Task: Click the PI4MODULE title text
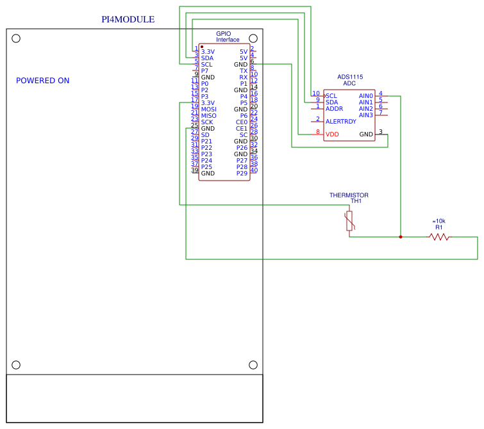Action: (128, 19)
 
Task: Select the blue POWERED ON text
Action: (42, 81)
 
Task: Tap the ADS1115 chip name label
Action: (350, 77)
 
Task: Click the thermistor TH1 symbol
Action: (349, 221)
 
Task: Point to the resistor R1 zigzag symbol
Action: (439, 237)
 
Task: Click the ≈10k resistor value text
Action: (439, 221)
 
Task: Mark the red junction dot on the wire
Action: (401, 237)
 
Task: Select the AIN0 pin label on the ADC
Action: (365, 96)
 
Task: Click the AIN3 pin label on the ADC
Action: (365, 115)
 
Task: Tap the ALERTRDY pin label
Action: (340, 122)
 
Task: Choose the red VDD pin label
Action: (332, 134)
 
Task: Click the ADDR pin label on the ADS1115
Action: (334, 109)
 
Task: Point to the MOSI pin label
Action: (208, 109)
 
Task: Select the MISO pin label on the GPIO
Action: (208, 116)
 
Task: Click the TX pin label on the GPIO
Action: (243, 71)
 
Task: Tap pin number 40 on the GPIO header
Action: (254, 170)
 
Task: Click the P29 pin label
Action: (242, 174)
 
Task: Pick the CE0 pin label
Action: (241, 122)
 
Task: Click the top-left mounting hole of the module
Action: (16, 38)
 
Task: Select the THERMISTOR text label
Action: (349, 195)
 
